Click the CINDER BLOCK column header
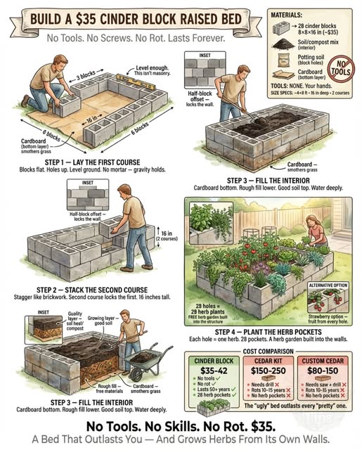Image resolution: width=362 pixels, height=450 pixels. [x=212, y=361]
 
